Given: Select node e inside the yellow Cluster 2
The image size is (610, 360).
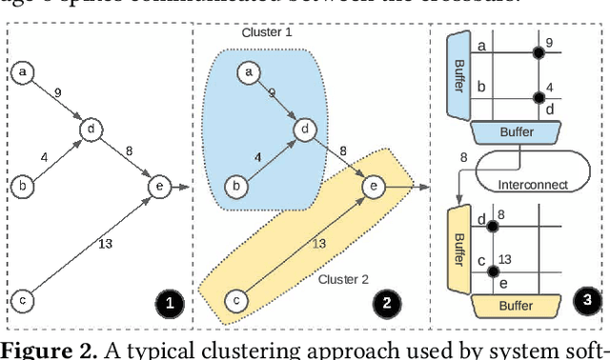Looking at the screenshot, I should coord(375,187).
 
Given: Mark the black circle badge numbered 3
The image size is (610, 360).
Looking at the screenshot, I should coord(586,299).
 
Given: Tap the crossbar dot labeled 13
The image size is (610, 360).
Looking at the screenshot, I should coord(492,272).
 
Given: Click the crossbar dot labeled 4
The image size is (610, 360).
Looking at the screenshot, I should coord(539,96).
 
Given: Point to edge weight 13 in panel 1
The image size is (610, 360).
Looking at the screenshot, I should coord(106,244).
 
